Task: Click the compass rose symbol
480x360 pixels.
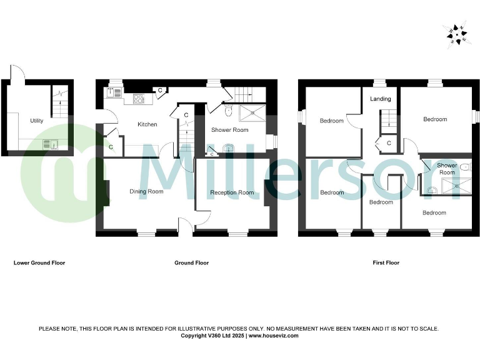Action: (x=456, y=35)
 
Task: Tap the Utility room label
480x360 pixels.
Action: (x=37, y=121)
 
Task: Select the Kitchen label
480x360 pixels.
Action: (x=147, y=124)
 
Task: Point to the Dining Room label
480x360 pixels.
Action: (x=146, y=191)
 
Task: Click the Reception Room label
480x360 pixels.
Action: (x=232, y=192)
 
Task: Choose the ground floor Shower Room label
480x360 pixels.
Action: (x=229, y=130)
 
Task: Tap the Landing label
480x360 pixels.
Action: (x=381, y=99)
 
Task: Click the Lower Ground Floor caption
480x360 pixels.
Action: (x=39, y=262)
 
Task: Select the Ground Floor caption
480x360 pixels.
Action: (x=191, y=262)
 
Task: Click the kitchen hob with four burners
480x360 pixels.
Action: (x=139, y=98)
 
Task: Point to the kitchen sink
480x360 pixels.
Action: (x=115, y=93)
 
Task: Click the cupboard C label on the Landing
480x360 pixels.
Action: (x=389, y=144)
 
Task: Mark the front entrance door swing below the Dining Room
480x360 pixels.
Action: (x=186, y=226)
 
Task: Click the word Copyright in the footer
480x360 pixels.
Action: (x=193, y=336)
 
